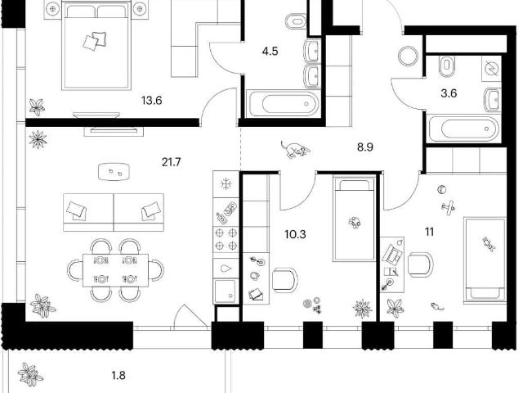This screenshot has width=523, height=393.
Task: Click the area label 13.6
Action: (152, 100)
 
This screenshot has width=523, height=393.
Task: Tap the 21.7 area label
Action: (171, 162)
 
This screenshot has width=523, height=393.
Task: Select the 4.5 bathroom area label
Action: (270, 52)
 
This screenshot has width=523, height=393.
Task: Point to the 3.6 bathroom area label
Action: (449, 93)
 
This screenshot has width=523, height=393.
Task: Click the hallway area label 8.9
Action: (365, 147)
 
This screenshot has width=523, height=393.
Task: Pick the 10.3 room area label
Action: (296, 234)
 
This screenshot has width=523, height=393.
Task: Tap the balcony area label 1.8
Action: (118, 376)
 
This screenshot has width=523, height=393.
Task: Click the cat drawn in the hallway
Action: (294, 149)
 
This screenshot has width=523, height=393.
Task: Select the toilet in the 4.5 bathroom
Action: (296, 22)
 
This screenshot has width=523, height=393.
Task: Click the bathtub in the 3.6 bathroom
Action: (465, 129)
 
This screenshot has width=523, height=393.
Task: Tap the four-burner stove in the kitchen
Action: (226, 239)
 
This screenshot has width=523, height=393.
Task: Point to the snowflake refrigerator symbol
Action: (226, 184)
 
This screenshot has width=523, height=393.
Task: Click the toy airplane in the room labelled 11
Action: (448, 207)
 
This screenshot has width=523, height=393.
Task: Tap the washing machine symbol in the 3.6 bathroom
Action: (491, 68)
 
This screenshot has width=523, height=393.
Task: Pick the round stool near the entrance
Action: (408, 56)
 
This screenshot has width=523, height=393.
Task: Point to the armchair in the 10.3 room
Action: (285, 280)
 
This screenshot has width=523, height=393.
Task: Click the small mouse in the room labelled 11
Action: (437, 306)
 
